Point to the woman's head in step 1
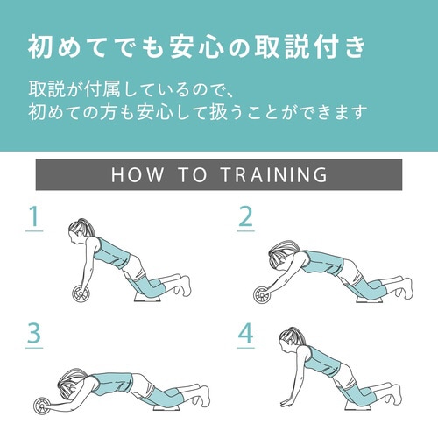(81, 231)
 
